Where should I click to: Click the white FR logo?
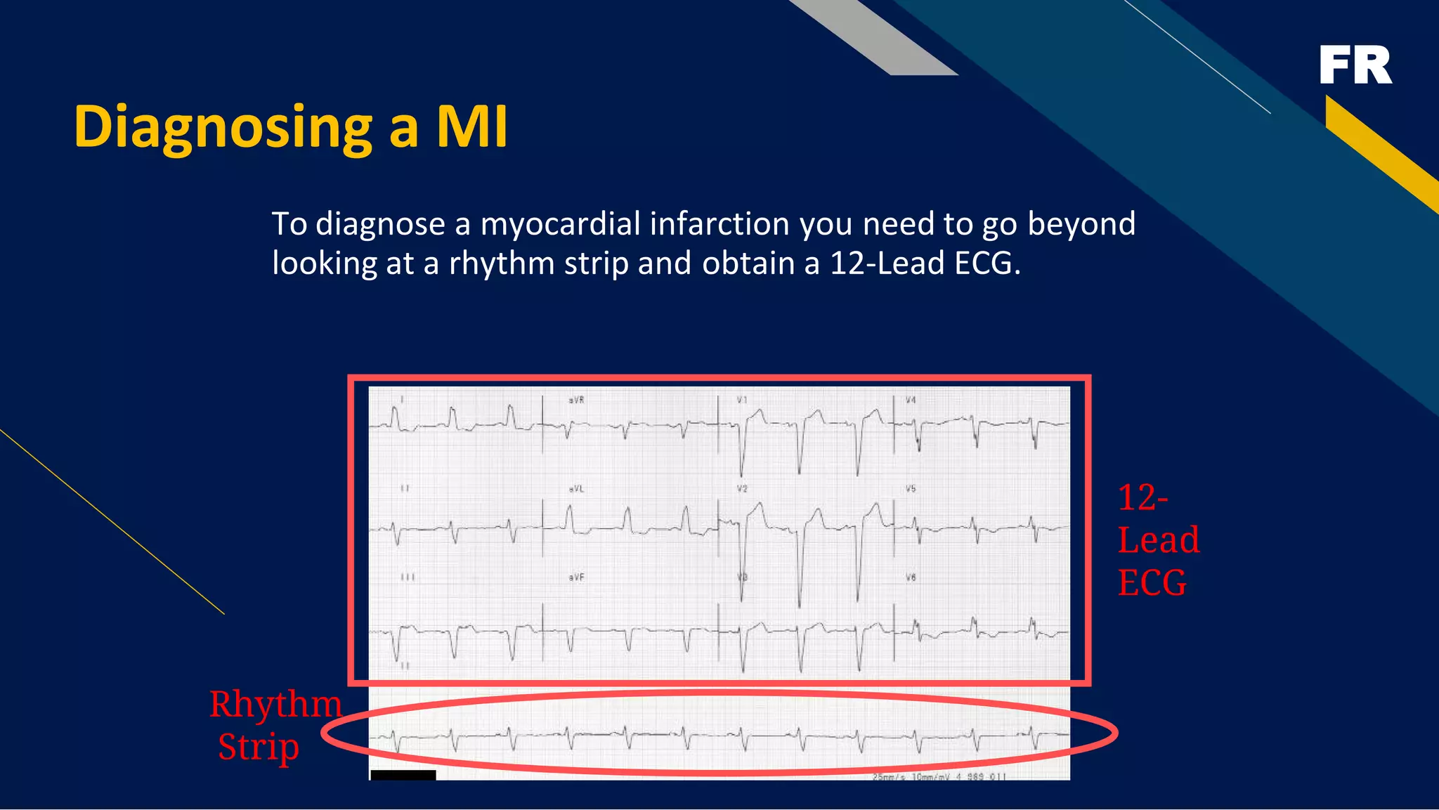click(x=1355, y=65)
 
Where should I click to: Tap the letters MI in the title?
click(x=471, y=127)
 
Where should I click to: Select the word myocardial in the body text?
click(x=560, y=224)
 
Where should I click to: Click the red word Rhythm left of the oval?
click(x=275, y=704)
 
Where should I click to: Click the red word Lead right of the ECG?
click(x=1158, y=540)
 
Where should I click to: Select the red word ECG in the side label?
click(x=1152, y=583)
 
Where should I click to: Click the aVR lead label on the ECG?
click(x=576, y=400)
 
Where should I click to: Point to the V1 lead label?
click(x=742, y=400)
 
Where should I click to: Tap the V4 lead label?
click(x=911, y=400)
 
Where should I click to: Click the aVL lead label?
click(x=576, y=489)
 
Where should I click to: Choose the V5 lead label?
click(x=911, y=489)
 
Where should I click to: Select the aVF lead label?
click(x=576, y=577)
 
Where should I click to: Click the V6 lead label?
click(x=911, y=577)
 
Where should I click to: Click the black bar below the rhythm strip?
click(x=403, y=775)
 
